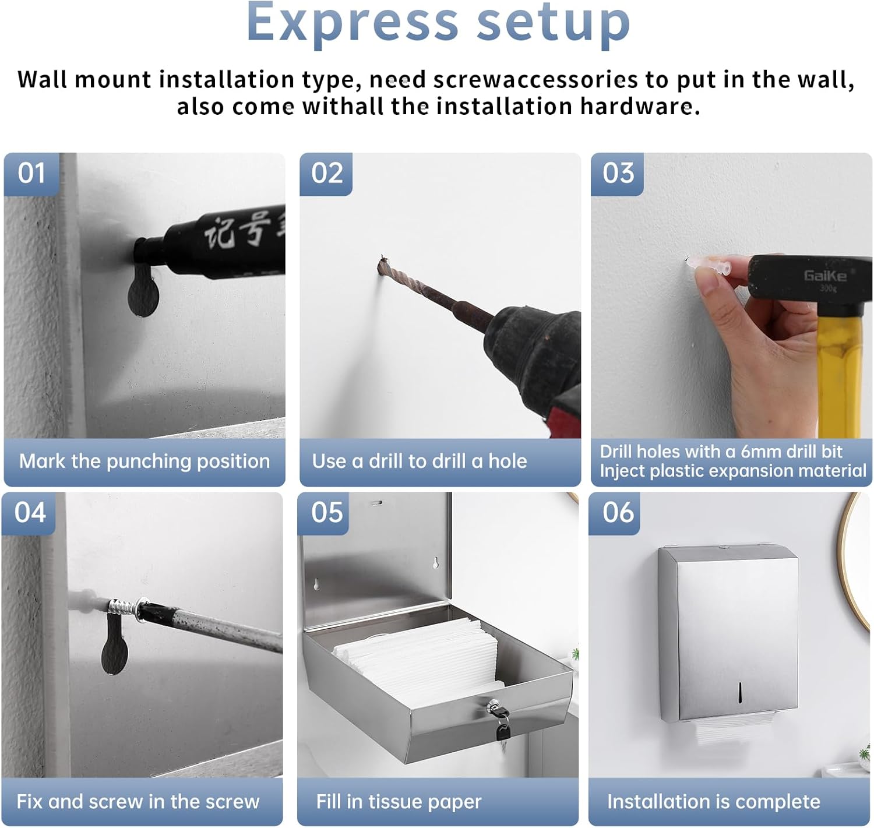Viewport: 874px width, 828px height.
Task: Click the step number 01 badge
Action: (x=31, y=174)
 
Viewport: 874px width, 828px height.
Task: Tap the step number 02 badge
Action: (x=326, y=174)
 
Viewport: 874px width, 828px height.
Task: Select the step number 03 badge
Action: (x=618, y=174)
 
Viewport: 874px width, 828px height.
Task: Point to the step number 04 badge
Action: (x=30, y=513)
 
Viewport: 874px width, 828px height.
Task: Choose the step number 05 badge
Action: (x=326, y=513)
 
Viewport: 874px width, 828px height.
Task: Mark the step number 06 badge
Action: (x=618, y=513)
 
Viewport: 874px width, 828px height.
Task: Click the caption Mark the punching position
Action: (x=145, y=461)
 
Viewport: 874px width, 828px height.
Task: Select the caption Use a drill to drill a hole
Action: (x=420, y=461)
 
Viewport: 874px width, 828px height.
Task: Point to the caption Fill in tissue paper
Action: (x=399, y=802)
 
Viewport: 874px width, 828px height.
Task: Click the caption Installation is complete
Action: (x=713, y=802)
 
